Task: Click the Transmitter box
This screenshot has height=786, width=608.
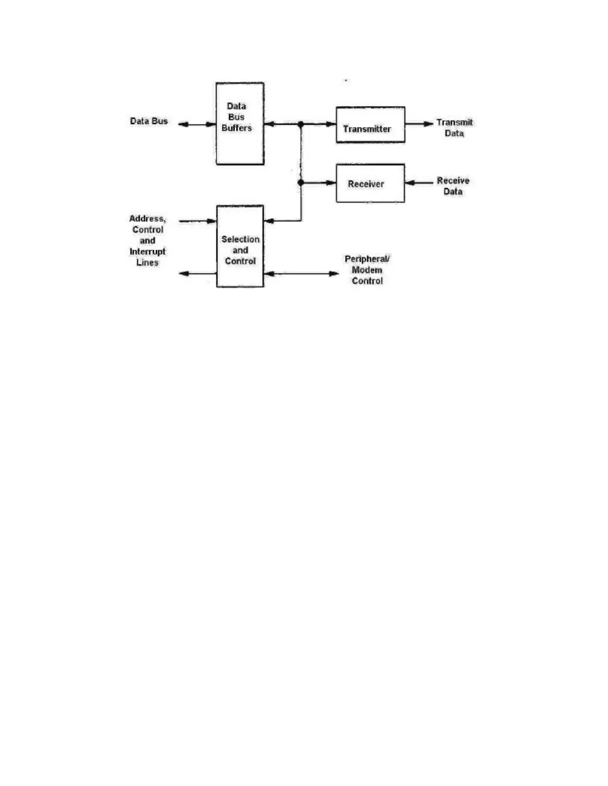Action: click(x=370, y=125)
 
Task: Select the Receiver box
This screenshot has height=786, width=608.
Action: click(x=370, y=183)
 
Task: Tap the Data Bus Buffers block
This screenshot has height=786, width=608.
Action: click(x=240, y=124)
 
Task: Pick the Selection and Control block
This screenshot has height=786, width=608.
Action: click(x=240, y=247)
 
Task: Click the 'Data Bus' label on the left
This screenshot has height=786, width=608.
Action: click(x=149, y=121)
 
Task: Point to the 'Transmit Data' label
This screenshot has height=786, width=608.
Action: click(x=455, y=128)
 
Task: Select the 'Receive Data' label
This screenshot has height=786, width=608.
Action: click(x=453, y=186)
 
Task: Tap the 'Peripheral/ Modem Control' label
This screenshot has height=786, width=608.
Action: click(x=367, y=270)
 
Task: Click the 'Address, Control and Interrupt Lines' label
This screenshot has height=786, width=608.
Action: click(x=148, y=241)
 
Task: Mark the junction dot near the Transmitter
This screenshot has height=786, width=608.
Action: click(x=301, y=124)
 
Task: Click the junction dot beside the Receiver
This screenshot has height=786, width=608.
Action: click(x=301, y=183)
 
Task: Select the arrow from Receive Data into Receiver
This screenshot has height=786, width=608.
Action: click(x=419, y=183)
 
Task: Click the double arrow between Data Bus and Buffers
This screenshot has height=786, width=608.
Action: click(x=197, y=125)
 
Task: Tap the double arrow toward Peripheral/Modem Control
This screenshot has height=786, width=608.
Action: click(x=302, y=273)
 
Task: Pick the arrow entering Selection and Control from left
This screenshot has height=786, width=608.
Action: click(x=198, y=221)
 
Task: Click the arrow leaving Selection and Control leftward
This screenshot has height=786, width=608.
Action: click(x=198, y=273)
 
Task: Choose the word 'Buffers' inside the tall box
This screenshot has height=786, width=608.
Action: click(x=236, y=128)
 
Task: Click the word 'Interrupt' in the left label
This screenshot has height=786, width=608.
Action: click(x=148, y=252)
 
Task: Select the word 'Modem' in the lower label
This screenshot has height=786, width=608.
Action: click(x=367, y=270)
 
